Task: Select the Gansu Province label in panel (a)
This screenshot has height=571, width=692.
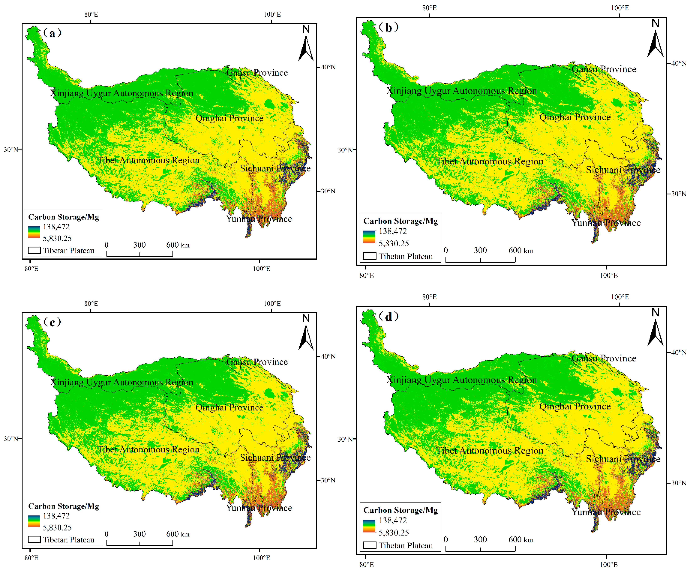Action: [257, 73]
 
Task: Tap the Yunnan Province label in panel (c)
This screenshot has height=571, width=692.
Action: [259, 508]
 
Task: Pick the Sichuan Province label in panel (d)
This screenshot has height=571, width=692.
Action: [623, 459]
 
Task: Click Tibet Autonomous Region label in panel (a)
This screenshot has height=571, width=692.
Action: [148, 160]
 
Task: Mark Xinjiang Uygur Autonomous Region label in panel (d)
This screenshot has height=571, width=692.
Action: [461, 380]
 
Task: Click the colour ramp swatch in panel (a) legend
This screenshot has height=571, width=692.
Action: [34, 232]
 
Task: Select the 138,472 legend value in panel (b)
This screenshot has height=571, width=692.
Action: [393, 231]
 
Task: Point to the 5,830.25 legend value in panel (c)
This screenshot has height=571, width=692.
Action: [57, 528]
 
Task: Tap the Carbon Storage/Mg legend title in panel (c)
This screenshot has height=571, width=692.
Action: [63, 506]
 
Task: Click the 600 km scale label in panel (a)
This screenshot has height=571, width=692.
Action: [178, 245]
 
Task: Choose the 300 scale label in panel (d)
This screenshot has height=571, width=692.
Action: [480, 539]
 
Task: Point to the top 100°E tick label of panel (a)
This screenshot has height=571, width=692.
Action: [272, 14]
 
